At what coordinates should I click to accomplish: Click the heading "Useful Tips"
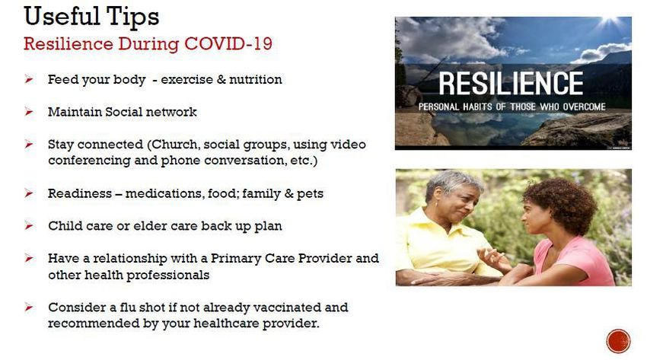(x=91, y=18)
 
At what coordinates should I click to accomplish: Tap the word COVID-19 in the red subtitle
(x=228, y=43)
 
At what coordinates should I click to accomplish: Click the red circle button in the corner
(x=618, y=341)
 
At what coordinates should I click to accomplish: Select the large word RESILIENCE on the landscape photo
(x=511, y=83)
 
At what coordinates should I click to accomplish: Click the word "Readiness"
(x=80, y=193)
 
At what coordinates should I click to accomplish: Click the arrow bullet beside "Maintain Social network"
(x=28, y=111)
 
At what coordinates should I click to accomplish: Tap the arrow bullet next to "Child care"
(x=28, y=225)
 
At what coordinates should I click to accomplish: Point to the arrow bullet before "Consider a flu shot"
(x=28, y=307)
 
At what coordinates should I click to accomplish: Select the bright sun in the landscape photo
(x=610, y=21)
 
